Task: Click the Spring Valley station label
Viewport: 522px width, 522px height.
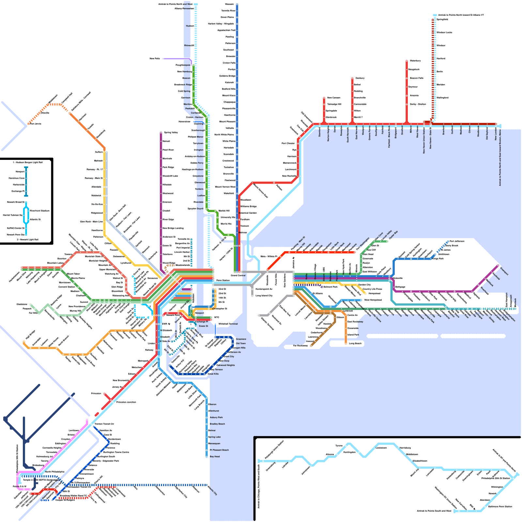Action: click(171, 132)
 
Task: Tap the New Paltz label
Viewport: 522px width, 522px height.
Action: click(155, 59)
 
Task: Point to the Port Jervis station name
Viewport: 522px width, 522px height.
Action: click(36, 124)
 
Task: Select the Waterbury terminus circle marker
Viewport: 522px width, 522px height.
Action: click(407, 61)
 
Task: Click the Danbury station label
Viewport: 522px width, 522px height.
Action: click(360, 78)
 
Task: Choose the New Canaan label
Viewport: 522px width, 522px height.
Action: click(333, 98)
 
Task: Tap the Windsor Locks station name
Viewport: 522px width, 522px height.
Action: click(444, 33)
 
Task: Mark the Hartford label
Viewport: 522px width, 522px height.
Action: click(441, 59)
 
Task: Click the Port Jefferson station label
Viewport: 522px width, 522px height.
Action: click(457, 241)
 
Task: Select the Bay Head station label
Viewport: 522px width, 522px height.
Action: click(215, 457)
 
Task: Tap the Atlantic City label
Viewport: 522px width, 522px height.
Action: click(212, 490)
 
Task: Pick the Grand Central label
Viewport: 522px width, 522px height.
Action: click(238, 276)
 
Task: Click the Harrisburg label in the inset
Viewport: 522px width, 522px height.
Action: click(405, 448)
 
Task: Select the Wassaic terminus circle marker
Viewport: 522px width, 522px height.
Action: click(237, 4)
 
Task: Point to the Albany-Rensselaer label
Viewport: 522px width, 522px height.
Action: click(184, 9)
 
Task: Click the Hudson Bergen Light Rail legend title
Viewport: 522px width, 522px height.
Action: click(27, 162)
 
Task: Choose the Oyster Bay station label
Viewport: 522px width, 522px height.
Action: click(393, 234)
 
